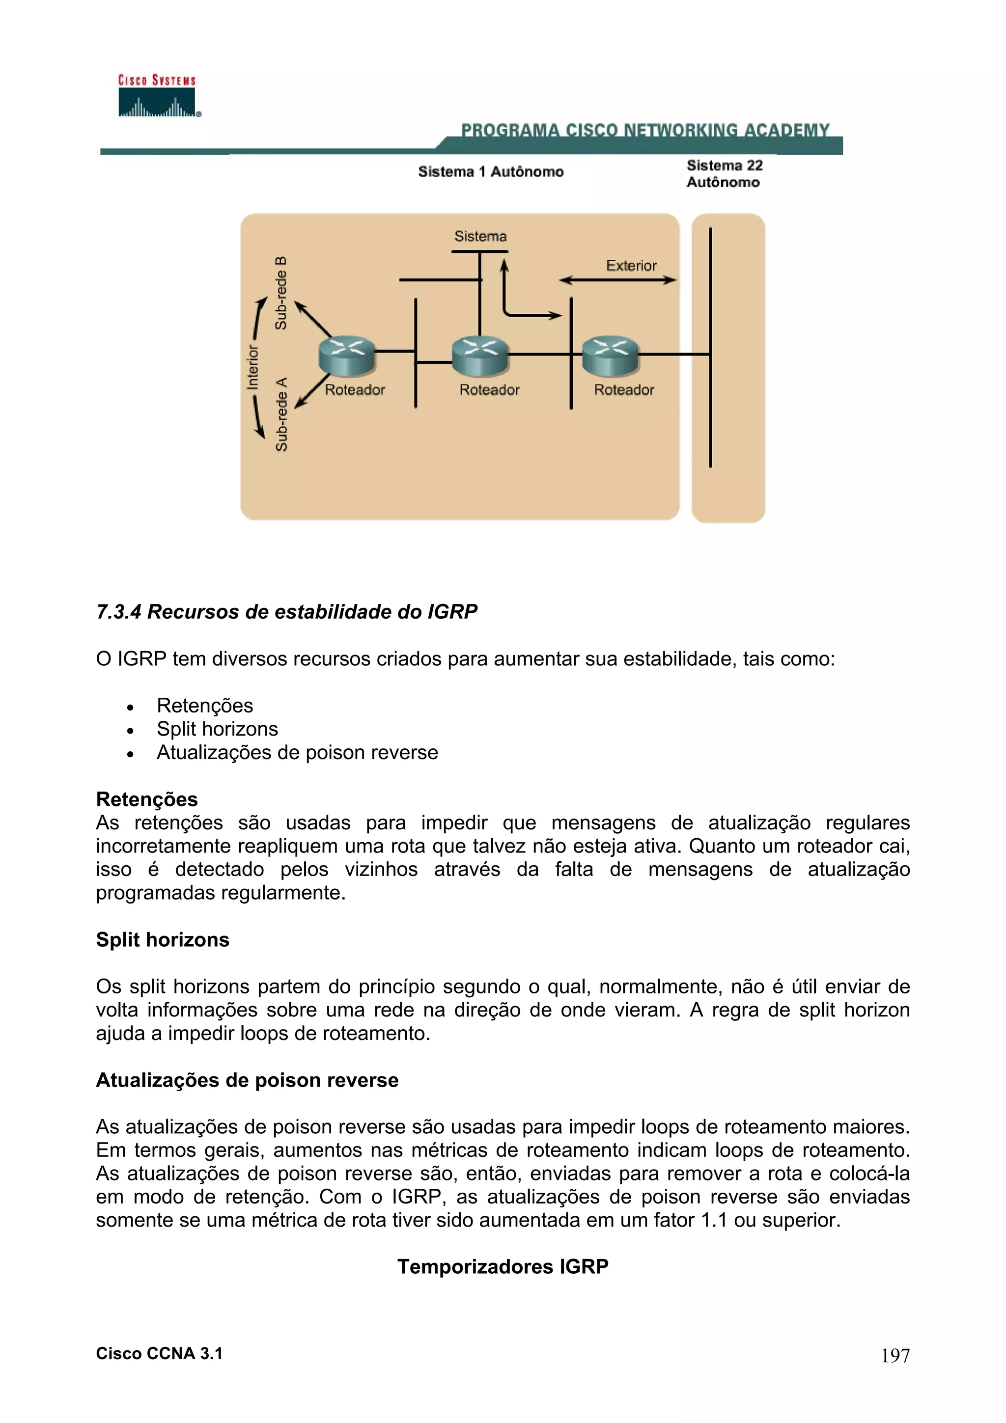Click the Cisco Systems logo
[x=158, y=96]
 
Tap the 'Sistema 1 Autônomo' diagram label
[x=490, y=172]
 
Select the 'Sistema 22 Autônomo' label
[x=724, y=173]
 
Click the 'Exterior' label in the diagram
[x=631, y=266]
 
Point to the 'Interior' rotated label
[x=252, y=367]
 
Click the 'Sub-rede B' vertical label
[x=281, y=293]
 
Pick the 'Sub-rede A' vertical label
[x=281, y=414]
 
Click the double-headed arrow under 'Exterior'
[x=617, y=280]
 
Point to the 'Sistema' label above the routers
[x=480, y=236]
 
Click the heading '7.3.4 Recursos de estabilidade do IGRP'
[x=286, y=612]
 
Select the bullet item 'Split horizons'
[x=217, y=729]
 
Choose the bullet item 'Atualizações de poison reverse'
[x=297, y=752]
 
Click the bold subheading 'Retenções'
[x=146, y=799]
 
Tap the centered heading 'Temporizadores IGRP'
[x=503, y=1266]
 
